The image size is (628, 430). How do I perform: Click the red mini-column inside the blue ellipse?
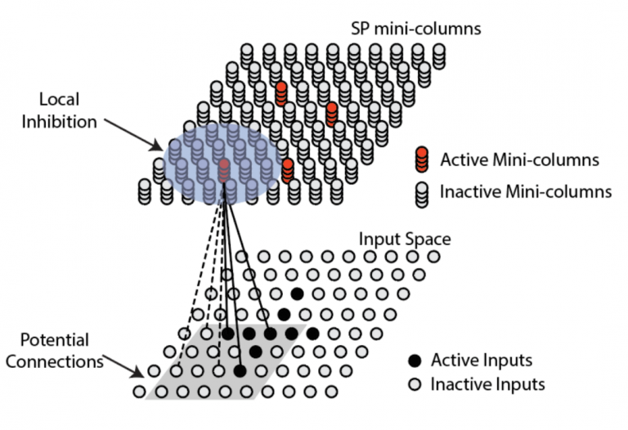click(x=223, y=169)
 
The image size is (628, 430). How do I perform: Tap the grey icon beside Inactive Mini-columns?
click(x=422, y=192)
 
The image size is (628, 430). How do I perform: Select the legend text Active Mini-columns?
click(x=518, y=159)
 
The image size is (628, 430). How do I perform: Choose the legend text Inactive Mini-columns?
click(x=525, y=193)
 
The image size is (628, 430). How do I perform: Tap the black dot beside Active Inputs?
click(x=415, y=361)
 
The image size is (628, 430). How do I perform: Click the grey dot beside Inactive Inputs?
click(x=415, y=383)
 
